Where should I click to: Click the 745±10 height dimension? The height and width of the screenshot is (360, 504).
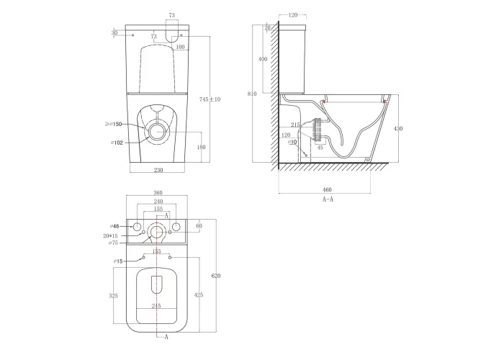(x=210, y=99)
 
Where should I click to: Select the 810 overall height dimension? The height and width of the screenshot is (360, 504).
(x=252, y=94)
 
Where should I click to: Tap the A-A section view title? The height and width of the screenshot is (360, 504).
(x=328, y=199)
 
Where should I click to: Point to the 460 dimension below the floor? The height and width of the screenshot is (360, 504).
(x=327, y=189)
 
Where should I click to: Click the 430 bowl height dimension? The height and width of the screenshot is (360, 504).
(x=398, y=129)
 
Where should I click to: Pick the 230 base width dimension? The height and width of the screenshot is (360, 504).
(x=158, y=170)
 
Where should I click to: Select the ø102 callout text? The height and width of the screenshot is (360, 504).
(x=117, y=143)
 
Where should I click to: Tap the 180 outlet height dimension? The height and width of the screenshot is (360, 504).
(x=201, y=147)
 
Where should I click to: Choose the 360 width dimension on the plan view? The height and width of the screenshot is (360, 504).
(x=158, y=193)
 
